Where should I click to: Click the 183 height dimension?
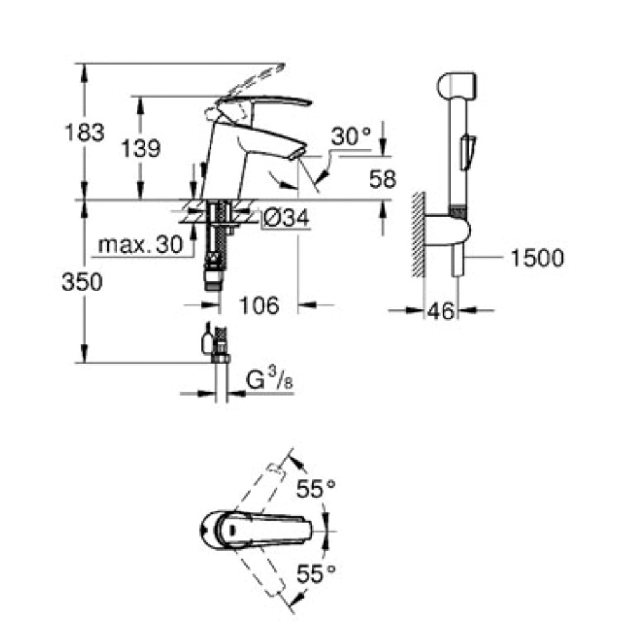coord(84,133)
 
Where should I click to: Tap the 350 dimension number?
coord(82,282)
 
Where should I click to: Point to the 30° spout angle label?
coord(351,137)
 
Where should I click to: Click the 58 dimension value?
coord(382,179)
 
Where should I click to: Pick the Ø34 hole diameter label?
coord(286,218)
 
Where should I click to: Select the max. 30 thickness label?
coord(140,244)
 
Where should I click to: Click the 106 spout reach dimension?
coord(260,305)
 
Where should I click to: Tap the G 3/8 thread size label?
coord(269,380)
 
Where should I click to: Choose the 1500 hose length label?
coord(537,258)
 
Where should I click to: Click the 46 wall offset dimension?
coord(441,311)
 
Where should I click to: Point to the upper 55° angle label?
coord(316,489)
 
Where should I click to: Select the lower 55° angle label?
coord(316,573)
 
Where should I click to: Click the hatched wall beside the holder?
coord(418,235)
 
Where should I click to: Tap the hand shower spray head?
coord(457,86)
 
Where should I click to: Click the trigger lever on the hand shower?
coord(468,152)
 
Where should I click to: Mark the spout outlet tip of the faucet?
coord(299,154)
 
